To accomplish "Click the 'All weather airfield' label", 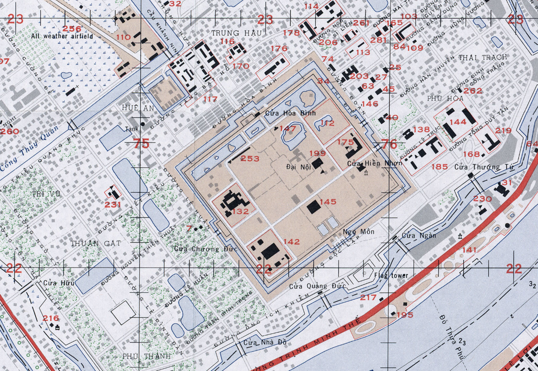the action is pyautogui.click(x=62, y=36).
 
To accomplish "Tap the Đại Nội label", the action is pyautogui.click(x=299, y=167).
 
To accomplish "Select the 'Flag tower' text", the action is pyautogui.click(x=391, y=276).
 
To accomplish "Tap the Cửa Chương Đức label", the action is pyautogui.click(x=199, y=249).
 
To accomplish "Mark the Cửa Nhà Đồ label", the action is pyautogui.click(x=259, y=342).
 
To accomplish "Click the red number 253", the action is pyautogui.click(x=250, y=158).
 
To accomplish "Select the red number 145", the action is pyautogui.click(x=328, y=202).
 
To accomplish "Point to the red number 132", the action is pyautogui.click(x=240, y=211).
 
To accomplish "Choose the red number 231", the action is pyautogui.click(x=113, y=204).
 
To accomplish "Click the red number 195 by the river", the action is pyautogui.click(x=405, y=315).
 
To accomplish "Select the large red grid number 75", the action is pyautogui.click(x=142, y=143).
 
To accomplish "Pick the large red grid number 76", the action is pyautogui.click(x=389, y=144).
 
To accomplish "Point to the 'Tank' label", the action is pyautogui.click(x=131, y=129).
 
